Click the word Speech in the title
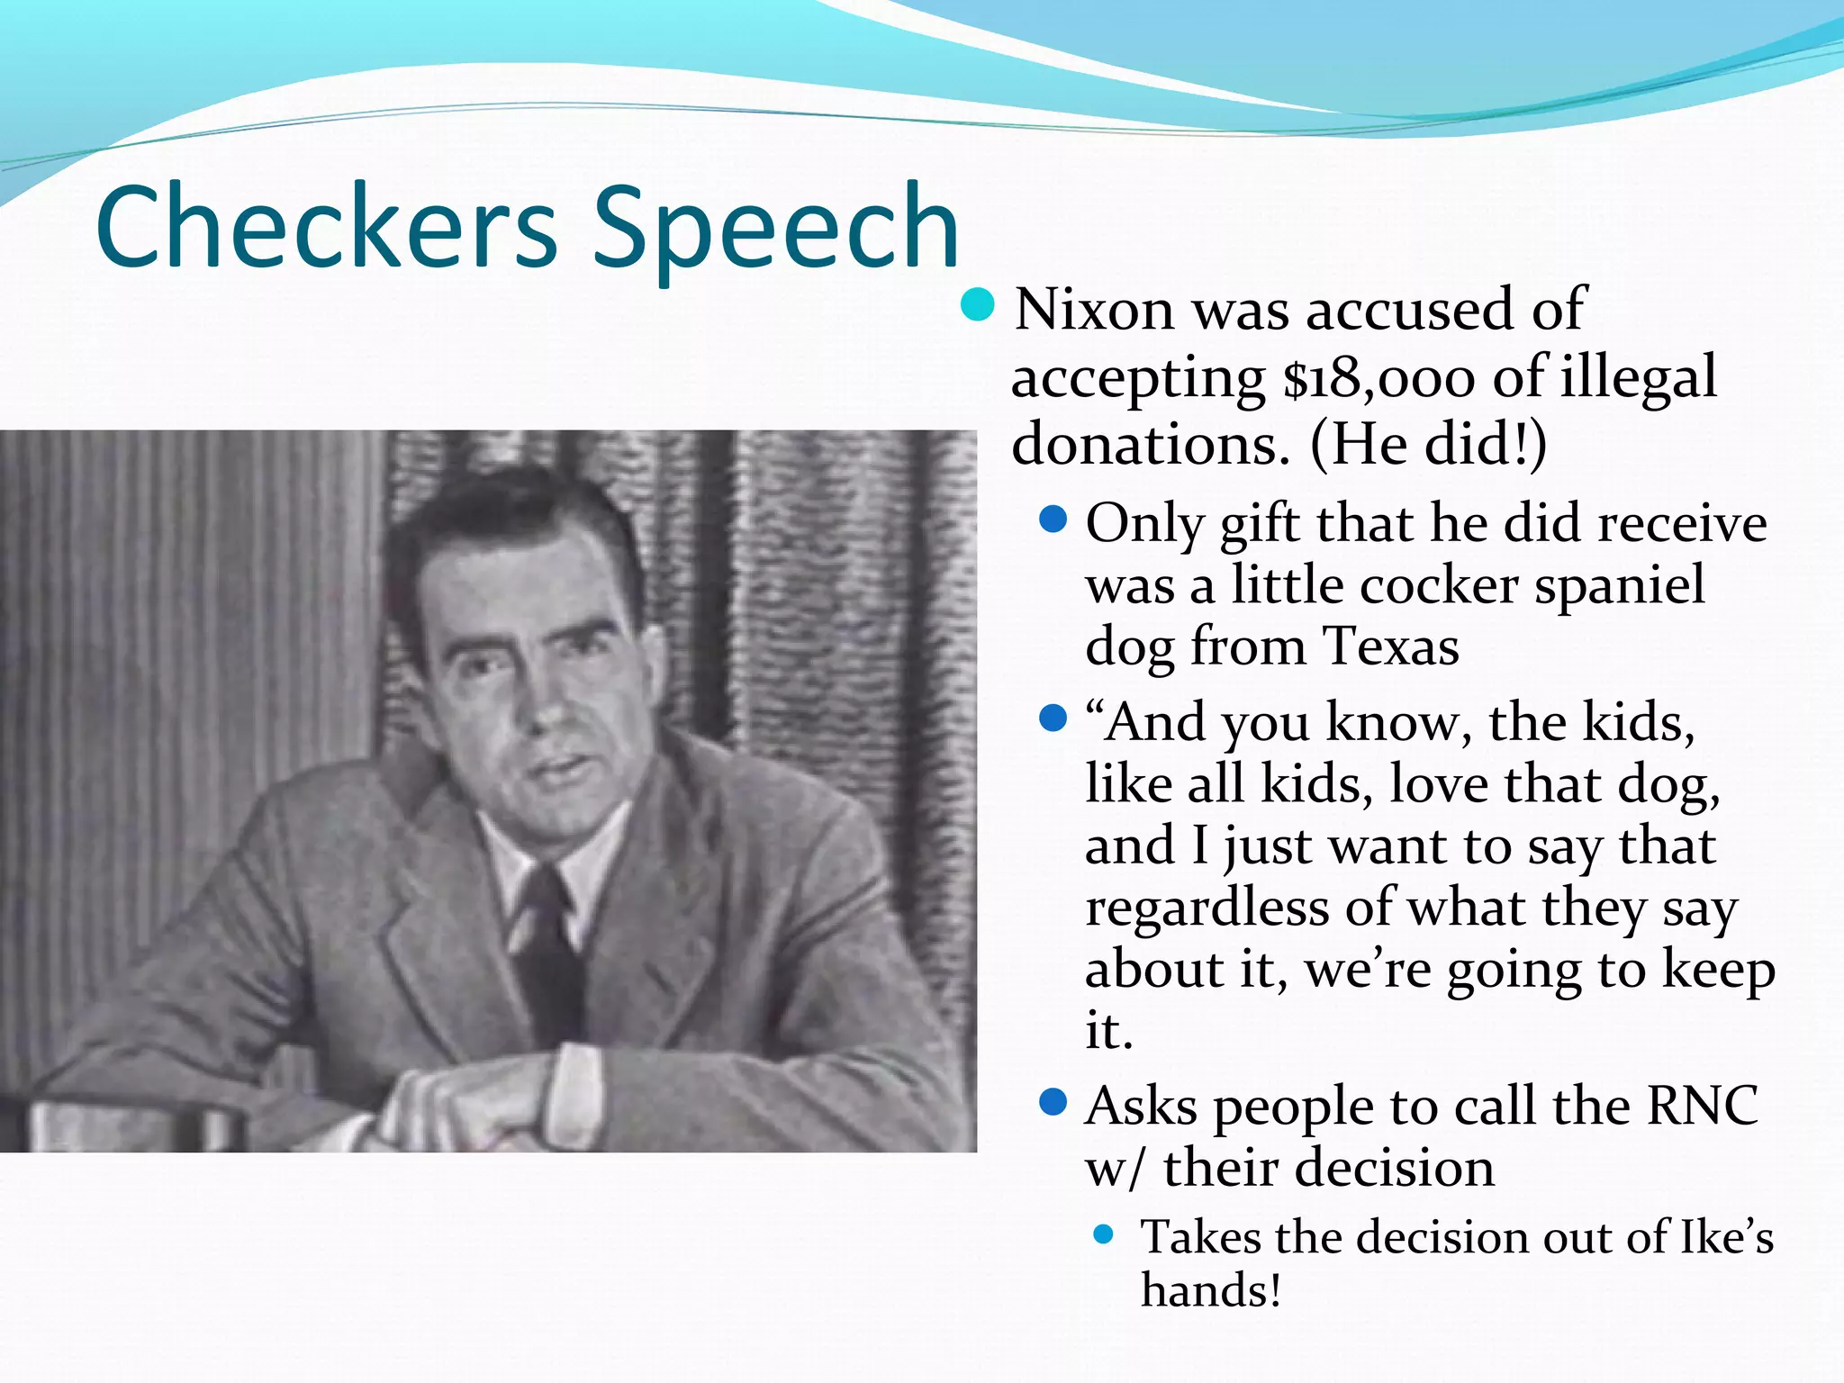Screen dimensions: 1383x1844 [x=776, y=230]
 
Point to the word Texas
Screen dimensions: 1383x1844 [x=1391, y=647]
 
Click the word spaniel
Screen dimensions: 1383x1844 [x=1620, y=585]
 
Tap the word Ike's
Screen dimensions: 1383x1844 [x=1727, y=1237]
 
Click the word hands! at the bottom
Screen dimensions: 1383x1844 [x=1211, y=1290]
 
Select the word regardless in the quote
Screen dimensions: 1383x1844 [x=1207, y=909]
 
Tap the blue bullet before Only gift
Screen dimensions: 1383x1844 [x=1053, y=520]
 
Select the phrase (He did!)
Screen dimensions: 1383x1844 [x=1429, y=444]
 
